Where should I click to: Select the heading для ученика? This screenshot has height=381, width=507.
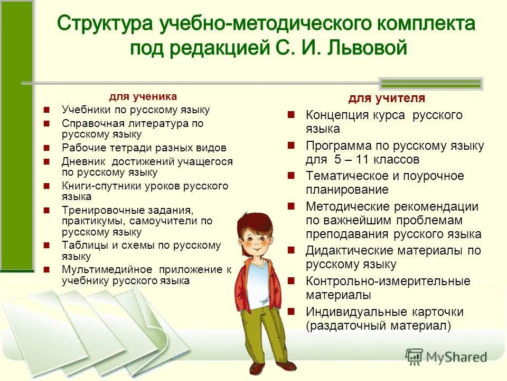(143, 96)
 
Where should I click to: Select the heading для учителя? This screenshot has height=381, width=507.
(387, 98)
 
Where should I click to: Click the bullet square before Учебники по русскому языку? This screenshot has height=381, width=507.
(47, 111)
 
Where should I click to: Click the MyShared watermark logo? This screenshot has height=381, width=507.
(446, 357)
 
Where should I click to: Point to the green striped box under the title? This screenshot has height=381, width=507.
(431, 83)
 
